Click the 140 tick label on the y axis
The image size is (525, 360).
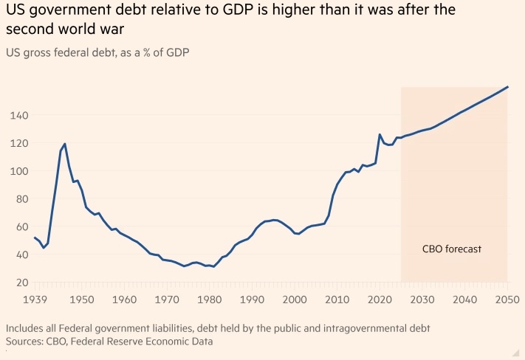[19, 115]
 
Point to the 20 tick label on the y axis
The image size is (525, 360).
[22, 283]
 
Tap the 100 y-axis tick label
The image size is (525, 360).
[19, 171]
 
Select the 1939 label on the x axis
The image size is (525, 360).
[35, 300]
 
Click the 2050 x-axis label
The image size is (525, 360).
[507, 300]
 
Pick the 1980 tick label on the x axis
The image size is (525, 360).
[210, 300]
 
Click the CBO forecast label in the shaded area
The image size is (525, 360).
[451, 249]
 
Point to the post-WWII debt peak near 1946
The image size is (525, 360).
[65, 144]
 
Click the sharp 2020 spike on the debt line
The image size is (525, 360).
[380, 134]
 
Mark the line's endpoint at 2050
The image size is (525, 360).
[508, 87]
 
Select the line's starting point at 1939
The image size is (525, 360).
[35, 238]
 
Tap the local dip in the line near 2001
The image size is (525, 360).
[298, 234]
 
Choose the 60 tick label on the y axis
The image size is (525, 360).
[22, 226]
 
